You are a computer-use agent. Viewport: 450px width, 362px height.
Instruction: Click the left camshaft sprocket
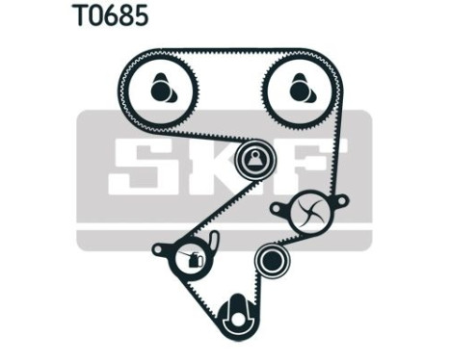click(160, 91)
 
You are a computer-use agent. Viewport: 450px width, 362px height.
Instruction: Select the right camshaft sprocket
click(297, 91)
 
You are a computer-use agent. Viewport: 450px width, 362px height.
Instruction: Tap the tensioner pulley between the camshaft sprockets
click(253, 159)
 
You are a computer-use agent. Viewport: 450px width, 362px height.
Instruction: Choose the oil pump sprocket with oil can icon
click(190, 257)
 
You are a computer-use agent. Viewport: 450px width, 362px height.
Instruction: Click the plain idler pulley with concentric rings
click(270, 259)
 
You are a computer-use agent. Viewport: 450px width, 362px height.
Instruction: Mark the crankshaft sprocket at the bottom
click(234, 315)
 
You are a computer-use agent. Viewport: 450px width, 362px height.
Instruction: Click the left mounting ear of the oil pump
click(158, 249)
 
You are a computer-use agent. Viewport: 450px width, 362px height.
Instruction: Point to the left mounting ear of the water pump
click(277, 205)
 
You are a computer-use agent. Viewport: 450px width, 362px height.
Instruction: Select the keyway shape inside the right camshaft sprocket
click(301, 92)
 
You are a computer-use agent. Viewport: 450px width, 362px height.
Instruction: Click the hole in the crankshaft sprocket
click(234, 313)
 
